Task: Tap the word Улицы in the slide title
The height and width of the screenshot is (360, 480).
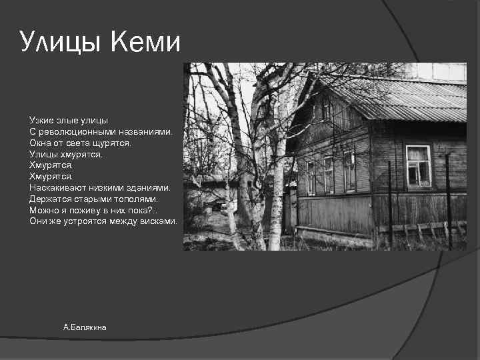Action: (x=61, y=43)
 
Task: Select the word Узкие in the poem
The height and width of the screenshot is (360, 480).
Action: (x=41, y=121)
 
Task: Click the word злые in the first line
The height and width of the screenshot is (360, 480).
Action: (x=67, y=121)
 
